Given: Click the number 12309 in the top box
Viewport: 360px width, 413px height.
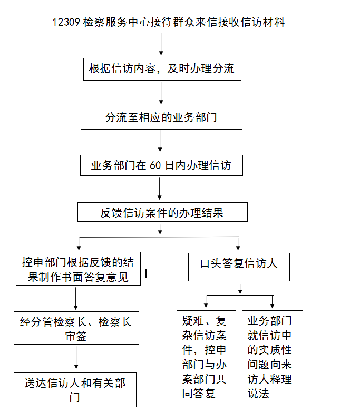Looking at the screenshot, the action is click(x=66, y=22).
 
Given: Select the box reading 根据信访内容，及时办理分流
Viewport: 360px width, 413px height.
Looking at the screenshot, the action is click(x=162, y=70).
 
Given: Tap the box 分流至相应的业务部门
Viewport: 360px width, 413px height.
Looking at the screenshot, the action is click(x=161, y=118).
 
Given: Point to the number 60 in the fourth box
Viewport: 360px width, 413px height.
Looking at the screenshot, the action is click(x=155, y=165).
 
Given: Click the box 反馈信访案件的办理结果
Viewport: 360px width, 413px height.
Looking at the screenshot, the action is click(x=162, y=212).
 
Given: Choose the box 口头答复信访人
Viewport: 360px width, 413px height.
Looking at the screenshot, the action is click(x=239, y=267).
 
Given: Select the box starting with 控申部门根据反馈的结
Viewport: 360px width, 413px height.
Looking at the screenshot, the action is click(x=78, y=269).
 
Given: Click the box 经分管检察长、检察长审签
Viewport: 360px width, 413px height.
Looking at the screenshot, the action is click(x=76, y=328).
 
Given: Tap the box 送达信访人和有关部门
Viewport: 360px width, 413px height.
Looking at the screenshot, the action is click(x=75, y=390).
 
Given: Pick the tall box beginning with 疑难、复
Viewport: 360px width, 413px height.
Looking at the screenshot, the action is click(x=206, y=359).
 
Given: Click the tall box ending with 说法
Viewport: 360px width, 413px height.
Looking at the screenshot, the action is click(x=272, y=359).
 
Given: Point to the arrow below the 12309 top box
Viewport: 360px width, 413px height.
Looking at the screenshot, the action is click(x=161, y=44).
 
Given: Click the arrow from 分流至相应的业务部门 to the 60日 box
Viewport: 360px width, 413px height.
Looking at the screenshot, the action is click(x=160, y=141).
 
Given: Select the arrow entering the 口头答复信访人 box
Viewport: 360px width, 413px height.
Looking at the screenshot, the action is click(x=238, y=243).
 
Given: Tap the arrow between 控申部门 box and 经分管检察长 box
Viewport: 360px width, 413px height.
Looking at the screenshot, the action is click(x=76, y=298).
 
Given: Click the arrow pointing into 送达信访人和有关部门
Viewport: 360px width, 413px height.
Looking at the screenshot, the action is click(x=76, y=357).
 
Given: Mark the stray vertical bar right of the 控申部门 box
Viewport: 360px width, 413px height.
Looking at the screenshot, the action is click(x=146, y=273).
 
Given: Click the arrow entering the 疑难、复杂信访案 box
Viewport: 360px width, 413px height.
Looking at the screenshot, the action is click(x=206, y=301).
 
